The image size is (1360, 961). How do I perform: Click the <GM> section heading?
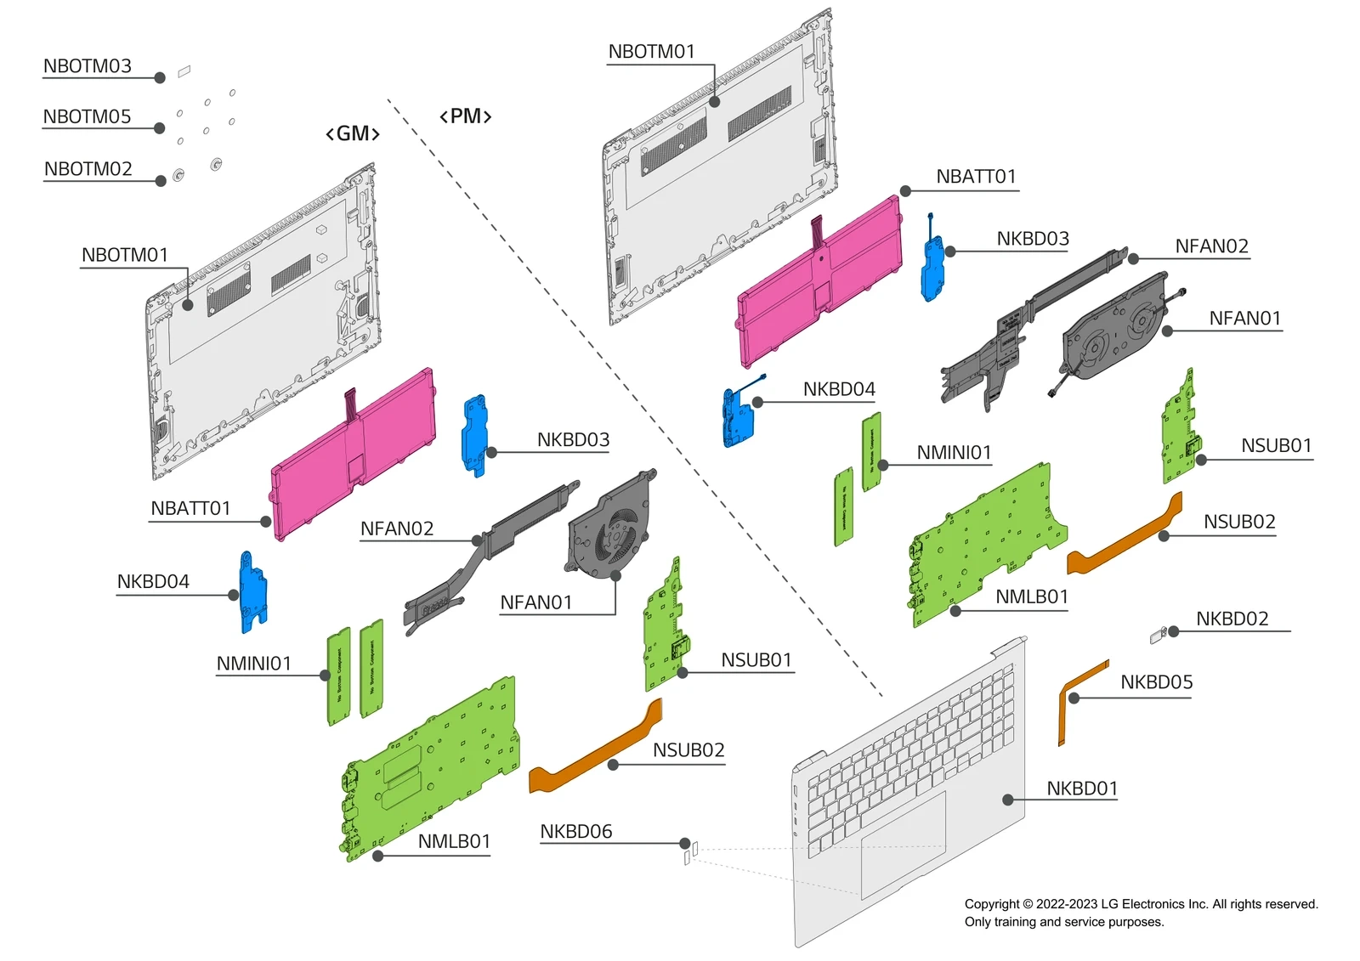[x=353, y=134]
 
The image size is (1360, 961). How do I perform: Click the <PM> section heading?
[x=465, y=116]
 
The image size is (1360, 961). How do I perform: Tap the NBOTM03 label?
[x=88, y=66]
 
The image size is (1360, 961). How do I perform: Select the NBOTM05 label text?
[x=88, y=116]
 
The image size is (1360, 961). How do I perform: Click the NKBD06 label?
[x=576, y=832]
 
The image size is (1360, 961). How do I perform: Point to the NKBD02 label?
[x=1232, y=619]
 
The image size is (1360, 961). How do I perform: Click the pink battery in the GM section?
[x=353, y=455]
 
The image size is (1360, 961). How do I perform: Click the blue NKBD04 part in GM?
[x=252, y=593]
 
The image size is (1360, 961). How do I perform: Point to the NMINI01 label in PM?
[x=954, y=453]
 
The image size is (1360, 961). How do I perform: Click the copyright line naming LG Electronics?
[x=1141, y=904]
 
